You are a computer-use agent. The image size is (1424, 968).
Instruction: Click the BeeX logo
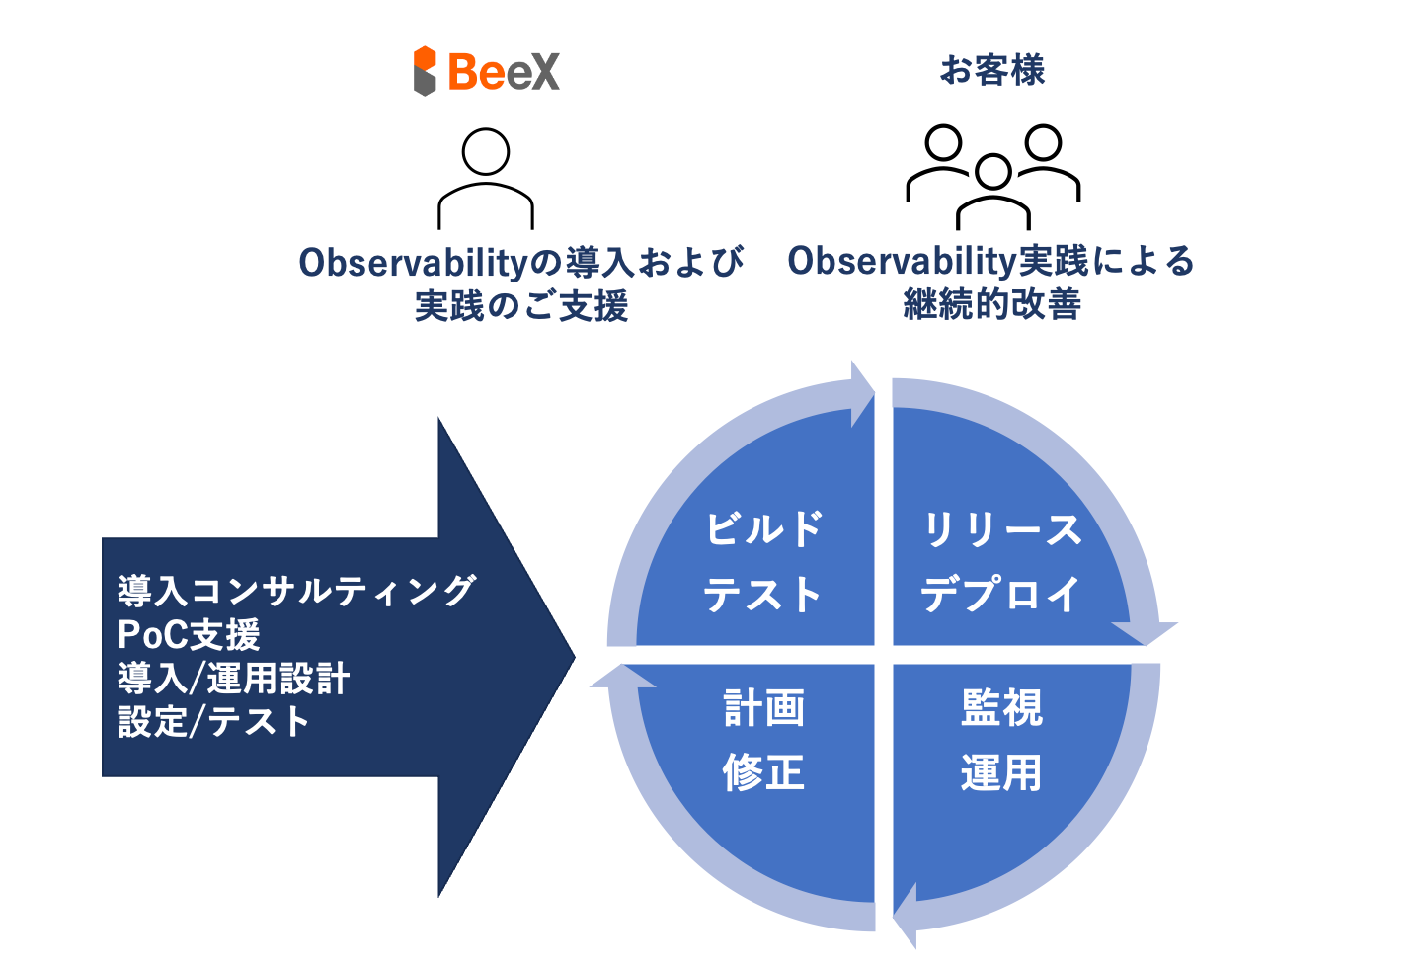pos(486,71)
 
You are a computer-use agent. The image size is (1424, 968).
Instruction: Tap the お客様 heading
pos(991,70)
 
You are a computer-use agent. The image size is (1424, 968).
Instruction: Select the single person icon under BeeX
pos(486,179)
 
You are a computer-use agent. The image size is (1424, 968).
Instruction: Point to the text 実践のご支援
pos(520,306)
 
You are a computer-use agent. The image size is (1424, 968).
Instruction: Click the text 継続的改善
pos(991,304)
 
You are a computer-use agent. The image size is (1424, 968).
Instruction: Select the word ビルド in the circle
pos(763,529)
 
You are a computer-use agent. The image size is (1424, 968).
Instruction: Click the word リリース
pos(1001,529)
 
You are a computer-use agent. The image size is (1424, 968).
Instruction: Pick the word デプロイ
pos(1000,595)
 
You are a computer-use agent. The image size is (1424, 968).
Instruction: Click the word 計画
pos(763,708)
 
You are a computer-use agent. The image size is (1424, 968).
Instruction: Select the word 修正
pos(763,772)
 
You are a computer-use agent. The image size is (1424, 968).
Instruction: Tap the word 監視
pos(1001,708)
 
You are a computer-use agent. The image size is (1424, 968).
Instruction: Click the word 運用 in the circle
pos(1000,772)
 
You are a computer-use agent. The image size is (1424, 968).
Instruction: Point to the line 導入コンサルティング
pos(296,591)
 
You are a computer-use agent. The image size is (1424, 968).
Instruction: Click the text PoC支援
pos(189,634)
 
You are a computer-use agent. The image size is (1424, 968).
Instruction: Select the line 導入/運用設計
pos(233,679)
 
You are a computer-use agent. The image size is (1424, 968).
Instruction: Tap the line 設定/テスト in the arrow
pos(213,722)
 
